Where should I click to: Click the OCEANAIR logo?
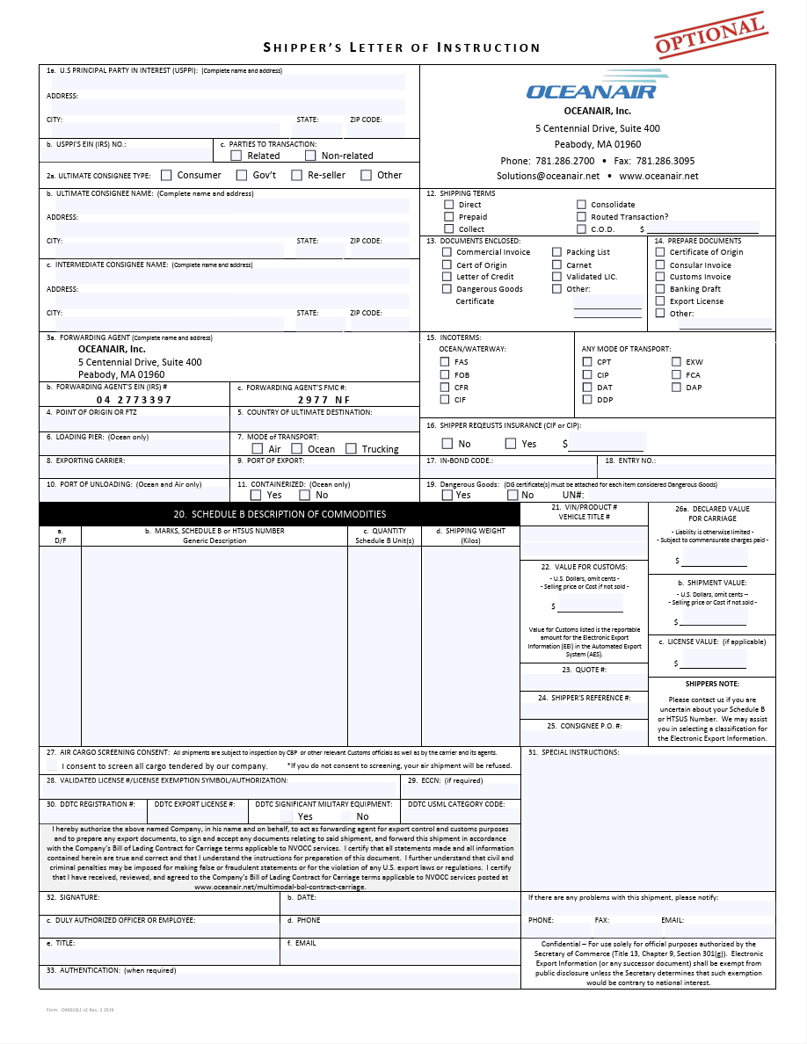click(x=591, y=89)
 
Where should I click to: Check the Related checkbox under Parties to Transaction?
click(x=236, y=156)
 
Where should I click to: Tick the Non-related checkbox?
click(x=311, y=156)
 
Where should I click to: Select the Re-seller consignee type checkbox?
click(x=297, y=175)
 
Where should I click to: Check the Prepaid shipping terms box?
click(x=449, y=216)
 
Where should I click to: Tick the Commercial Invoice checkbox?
click(x=447, y=252)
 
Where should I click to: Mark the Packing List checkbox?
click(x=557, y=252)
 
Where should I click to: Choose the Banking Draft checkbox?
click(x=661, y=288)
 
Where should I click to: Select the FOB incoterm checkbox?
click(x=446, y=374)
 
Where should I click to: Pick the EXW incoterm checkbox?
click(x=676, y=361)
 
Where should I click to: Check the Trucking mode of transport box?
click(x=352, y=449)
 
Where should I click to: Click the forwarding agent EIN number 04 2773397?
click(x=134, y=400)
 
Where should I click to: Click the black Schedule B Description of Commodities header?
click(x=279, y=514)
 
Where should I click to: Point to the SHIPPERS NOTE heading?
click(x=712, y=684)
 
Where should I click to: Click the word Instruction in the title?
click(x=489, y=47)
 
